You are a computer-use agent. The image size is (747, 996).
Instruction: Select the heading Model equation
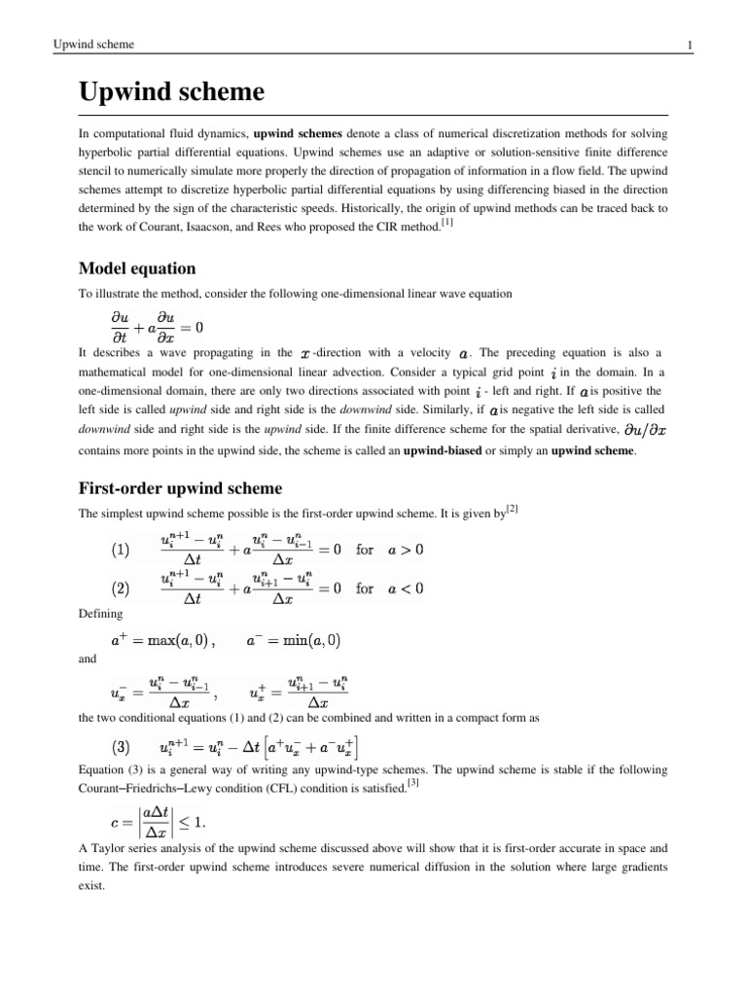pos(137,267)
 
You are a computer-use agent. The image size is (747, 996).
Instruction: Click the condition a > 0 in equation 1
pos(404,550)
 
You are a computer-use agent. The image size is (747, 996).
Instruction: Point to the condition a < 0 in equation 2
pos(404,588)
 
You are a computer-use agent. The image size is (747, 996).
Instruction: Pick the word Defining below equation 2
pos(99,614)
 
